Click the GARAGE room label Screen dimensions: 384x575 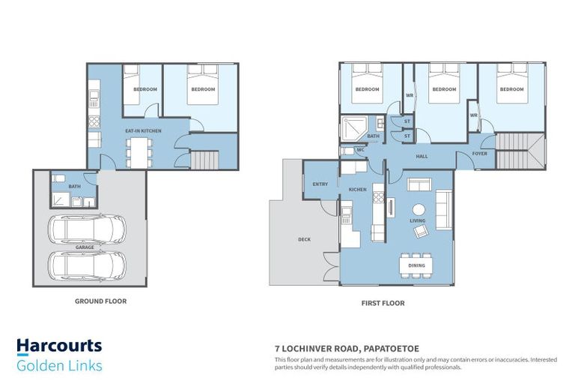tap(85, 247)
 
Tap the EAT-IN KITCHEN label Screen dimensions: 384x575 tap(143, 131)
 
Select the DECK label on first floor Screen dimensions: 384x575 tap(304, 239)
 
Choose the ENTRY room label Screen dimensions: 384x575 tap(320, 184)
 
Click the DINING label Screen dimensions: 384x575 tap(417, 265)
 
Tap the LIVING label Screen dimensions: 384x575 tap(417, 221)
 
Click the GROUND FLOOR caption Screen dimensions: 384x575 tap(100, 301)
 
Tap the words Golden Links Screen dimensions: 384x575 tap(59, 366)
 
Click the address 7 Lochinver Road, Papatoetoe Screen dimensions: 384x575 tap(347, 349)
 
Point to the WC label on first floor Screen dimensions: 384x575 tap(360, 150)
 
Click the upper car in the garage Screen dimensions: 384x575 tap(87, 229)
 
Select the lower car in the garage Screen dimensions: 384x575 tap(87, 264)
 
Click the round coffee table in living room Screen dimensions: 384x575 tap(419, 209)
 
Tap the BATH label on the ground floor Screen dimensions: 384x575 tap(74, 186)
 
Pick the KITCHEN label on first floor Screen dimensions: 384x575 tap(358, 190)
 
